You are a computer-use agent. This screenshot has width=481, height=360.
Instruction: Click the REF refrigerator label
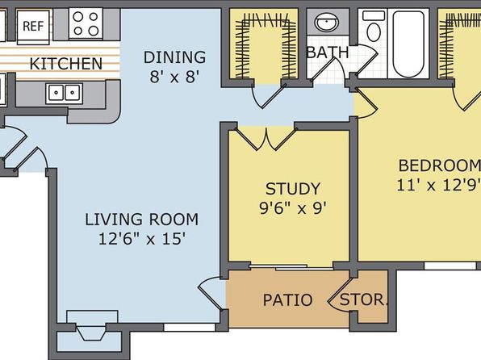33,26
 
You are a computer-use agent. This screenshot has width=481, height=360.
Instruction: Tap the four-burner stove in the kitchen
86,23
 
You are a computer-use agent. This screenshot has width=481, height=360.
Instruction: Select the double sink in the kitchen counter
64,92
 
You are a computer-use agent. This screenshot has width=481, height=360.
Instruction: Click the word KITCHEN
66,64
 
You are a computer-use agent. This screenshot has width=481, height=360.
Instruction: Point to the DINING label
174,57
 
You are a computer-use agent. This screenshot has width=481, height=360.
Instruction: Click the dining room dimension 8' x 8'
174,77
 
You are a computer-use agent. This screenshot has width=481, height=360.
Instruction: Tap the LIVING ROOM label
141,220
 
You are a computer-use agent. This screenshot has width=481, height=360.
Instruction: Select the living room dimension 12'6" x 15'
142,238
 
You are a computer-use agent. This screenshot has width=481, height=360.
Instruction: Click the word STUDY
293,189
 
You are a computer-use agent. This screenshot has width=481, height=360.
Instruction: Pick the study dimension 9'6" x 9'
292,208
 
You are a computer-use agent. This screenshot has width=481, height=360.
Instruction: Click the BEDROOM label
439,165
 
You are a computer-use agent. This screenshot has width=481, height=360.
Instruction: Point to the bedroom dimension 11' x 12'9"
439,185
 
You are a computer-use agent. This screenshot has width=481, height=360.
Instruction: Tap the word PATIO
288,299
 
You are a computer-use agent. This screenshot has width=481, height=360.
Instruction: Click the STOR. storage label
363,299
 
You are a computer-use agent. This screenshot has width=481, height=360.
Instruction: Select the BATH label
328,52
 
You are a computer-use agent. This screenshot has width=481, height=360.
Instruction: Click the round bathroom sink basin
328,22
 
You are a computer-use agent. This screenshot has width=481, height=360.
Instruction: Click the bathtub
408,44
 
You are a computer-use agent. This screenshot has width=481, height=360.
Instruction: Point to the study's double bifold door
267,139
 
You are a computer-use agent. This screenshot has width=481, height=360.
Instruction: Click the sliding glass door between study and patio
291,267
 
